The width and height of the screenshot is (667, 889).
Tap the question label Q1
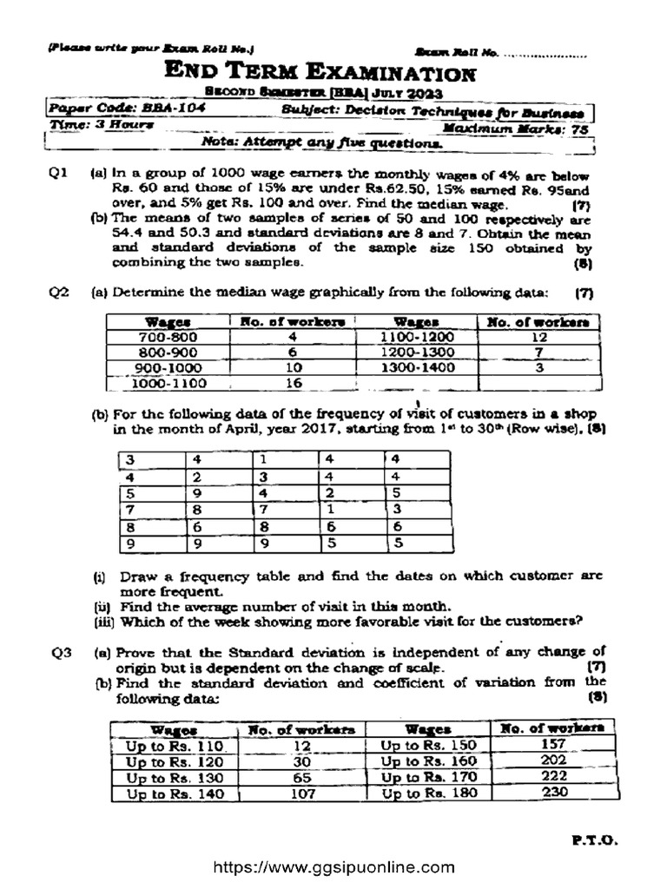tap(58, 175)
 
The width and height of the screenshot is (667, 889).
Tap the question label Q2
tap(58, 293)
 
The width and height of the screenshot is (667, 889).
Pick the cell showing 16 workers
tap(293, 383)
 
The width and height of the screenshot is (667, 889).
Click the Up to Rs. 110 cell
tap(175, 747)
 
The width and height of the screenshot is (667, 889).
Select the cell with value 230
tap(553, 793)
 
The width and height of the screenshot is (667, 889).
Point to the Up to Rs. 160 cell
tap(429, 762)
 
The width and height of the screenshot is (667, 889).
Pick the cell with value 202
tap(553, 761)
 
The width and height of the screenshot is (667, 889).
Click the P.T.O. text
tap(594, 840)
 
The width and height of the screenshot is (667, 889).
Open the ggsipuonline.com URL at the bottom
tap(333, 867)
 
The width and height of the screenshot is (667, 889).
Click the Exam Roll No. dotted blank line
tap(545, 54)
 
